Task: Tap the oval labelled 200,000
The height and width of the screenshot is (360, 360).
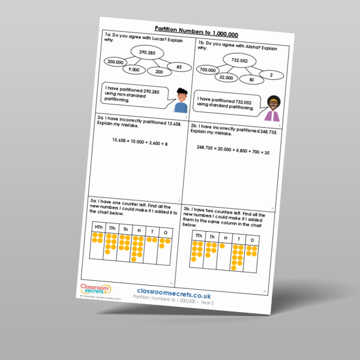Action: pyautogui.click(x=116, y=62)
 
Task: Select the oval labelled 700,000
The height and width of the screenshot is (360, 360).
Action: pyautogui.click(x=209, y=70)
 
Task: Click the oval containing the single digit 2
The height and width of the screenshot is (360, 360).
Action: pyautogui.click(x=271, y=75)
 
